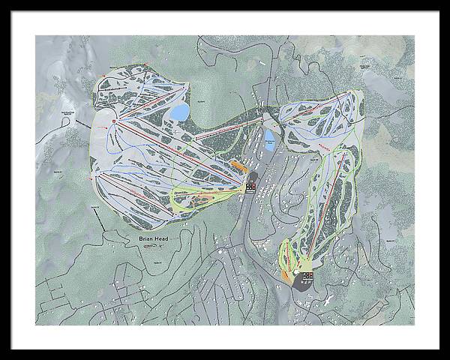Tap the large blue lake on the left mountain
tap(180, 112)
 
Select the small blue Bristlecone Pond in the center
tap(270, 139)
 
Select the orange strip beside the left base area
tap(237, 164)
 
